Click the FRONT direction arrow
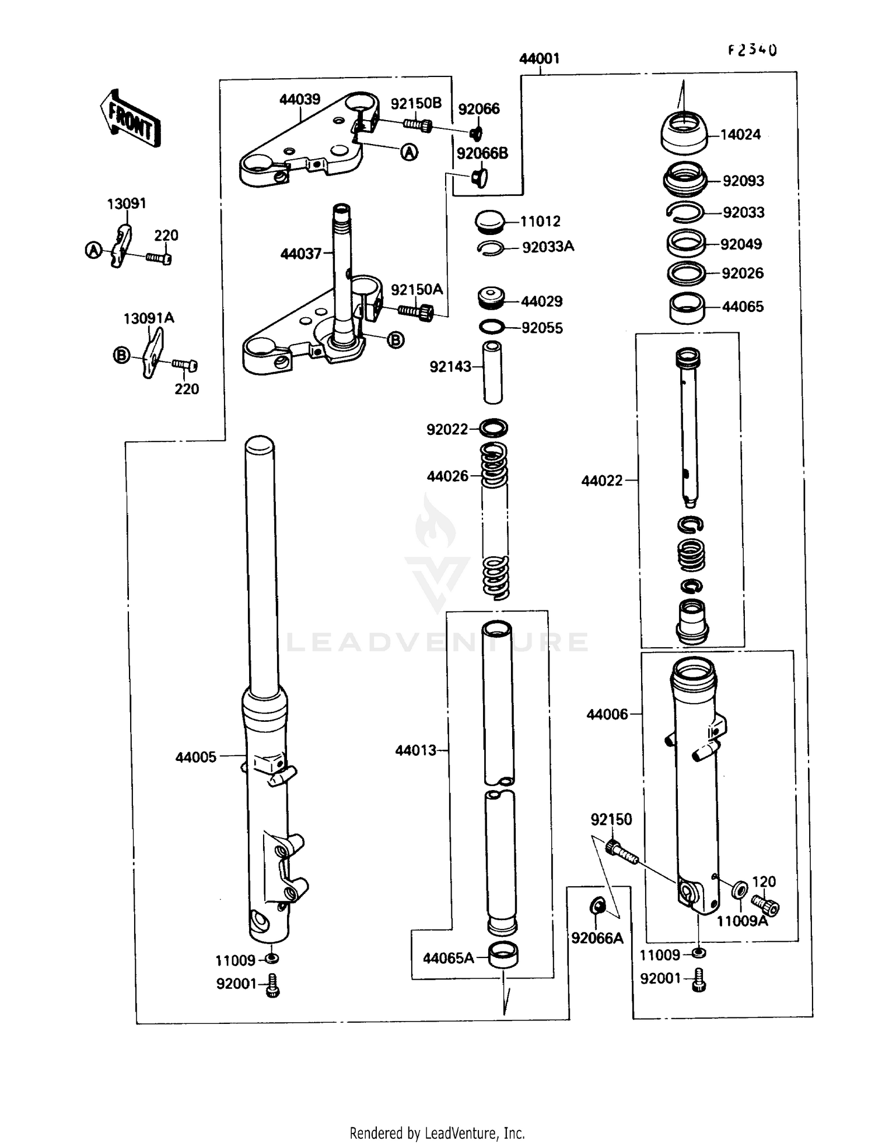point(129,118)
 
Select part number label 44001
point(539,58)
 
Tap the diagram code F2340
point(752,50)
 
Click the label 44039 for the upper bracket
point(299,99)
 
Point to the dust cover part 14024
point(684,132)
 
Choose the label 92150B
point(416,104)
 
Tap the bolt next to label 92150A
point(416,312)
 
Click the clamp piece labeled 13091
point(122,245)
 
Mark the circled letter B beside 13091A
point(121,355)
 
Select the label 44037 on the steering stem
point(300,254)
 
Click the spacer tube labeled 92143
point(494,372)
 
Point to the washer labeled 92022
point(494,428)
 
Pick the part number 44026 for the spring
point(447,476)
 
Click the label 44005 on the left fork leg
point(196,757)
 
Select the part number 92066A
point(597,938)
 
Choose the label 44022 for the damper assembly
point(601,481)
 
